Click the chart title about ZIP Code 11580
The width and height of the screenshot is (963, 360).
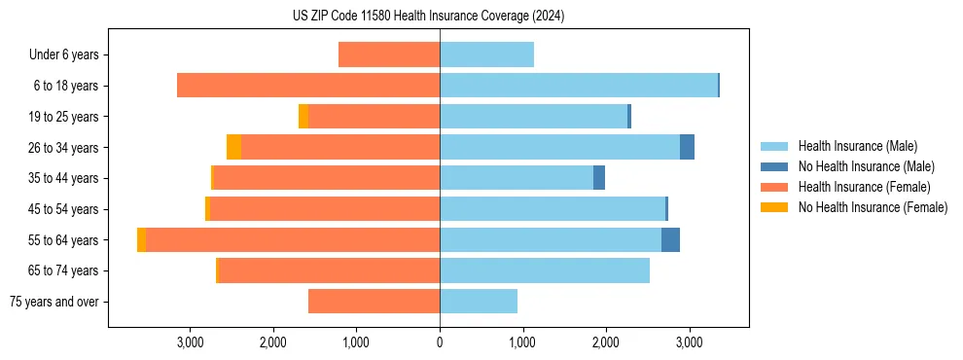pos(428,16)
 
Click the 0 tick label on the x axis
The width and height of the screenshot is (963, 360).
pos(440,342)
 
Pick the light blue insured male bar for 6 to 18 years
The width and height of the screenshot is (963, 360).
pos(579,86)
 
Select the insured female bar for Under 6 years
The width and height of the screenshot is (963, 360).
pos(389,55)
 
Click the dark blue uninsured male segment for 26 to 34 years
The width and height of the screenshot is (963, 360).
pos(687,147)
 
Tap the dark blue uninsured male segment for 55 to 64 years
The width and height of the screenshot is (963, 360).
pos(670,239)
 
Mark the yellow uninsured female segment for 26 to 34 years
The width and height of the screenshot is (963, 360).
pos(233,147)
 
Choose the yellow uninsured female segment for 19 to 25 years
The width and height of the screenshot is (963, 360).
pos(303,117)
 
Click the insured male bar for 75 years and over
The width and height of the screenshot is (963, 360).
pos(479,302)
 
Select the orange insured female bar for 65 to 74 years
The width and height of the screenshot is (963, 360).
pos(330,270)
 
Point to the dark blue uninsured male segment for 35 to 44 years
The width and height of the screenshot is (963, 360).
pos(599,178)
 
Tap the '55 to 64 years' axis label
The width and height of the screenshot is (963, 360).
pos(63,240)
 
